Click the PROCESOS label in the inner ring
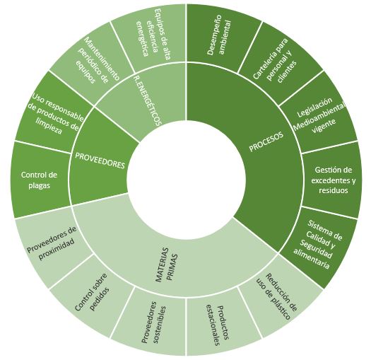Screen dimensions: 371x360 tap(266, 141)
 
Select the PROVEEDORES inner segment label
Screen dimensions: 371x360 tap(100, 161)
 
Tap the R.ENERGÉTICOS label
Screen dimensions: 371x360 tap(147, 100)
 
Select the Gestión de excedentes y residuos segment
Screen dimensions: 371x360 tap(333, 180)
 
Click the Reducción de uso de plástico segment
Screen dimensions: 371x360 tap(277, 296)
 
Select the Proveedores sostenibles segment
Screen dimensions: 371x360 tap(153, 323)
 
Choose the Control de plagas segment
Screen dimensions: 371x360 tap(40, 180)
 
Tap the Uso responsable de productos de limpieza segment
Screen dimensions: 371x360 tap(56, 114)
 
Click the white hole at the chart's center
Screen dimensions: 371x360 tap(187, 180)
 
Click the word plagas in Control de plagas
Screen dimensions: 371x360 tap(40, 185)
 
